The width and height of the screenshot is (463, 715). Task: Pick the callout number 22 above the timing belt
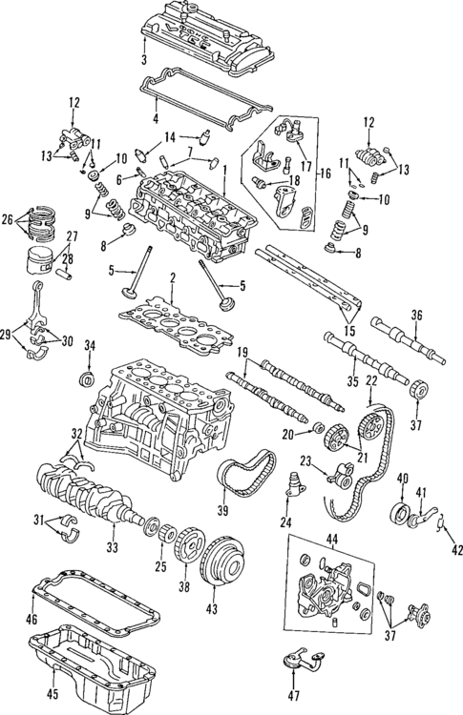coord(371,380)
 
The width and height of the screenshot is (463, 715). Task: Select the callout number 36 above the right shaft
coord(416,316)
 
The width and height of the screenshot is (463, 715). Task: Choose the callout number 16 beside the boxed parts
coord(324,174)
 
